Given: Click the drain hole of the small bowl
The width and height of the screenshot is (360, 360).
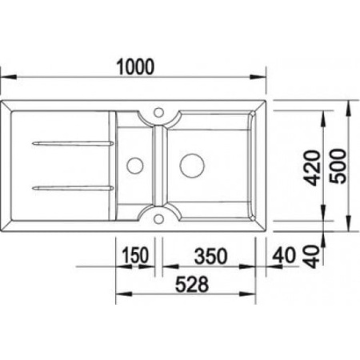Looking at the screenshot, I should pyautogui.click(x=133, y=166).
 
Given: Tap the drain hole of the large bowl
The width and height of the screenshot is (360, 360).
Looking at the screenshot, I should pyautogui.click(x=190, y=166).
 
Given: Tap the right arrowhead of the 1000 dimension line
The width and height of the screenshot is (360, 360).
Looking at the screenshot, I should pyautogui.click(x=262, y=78).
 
